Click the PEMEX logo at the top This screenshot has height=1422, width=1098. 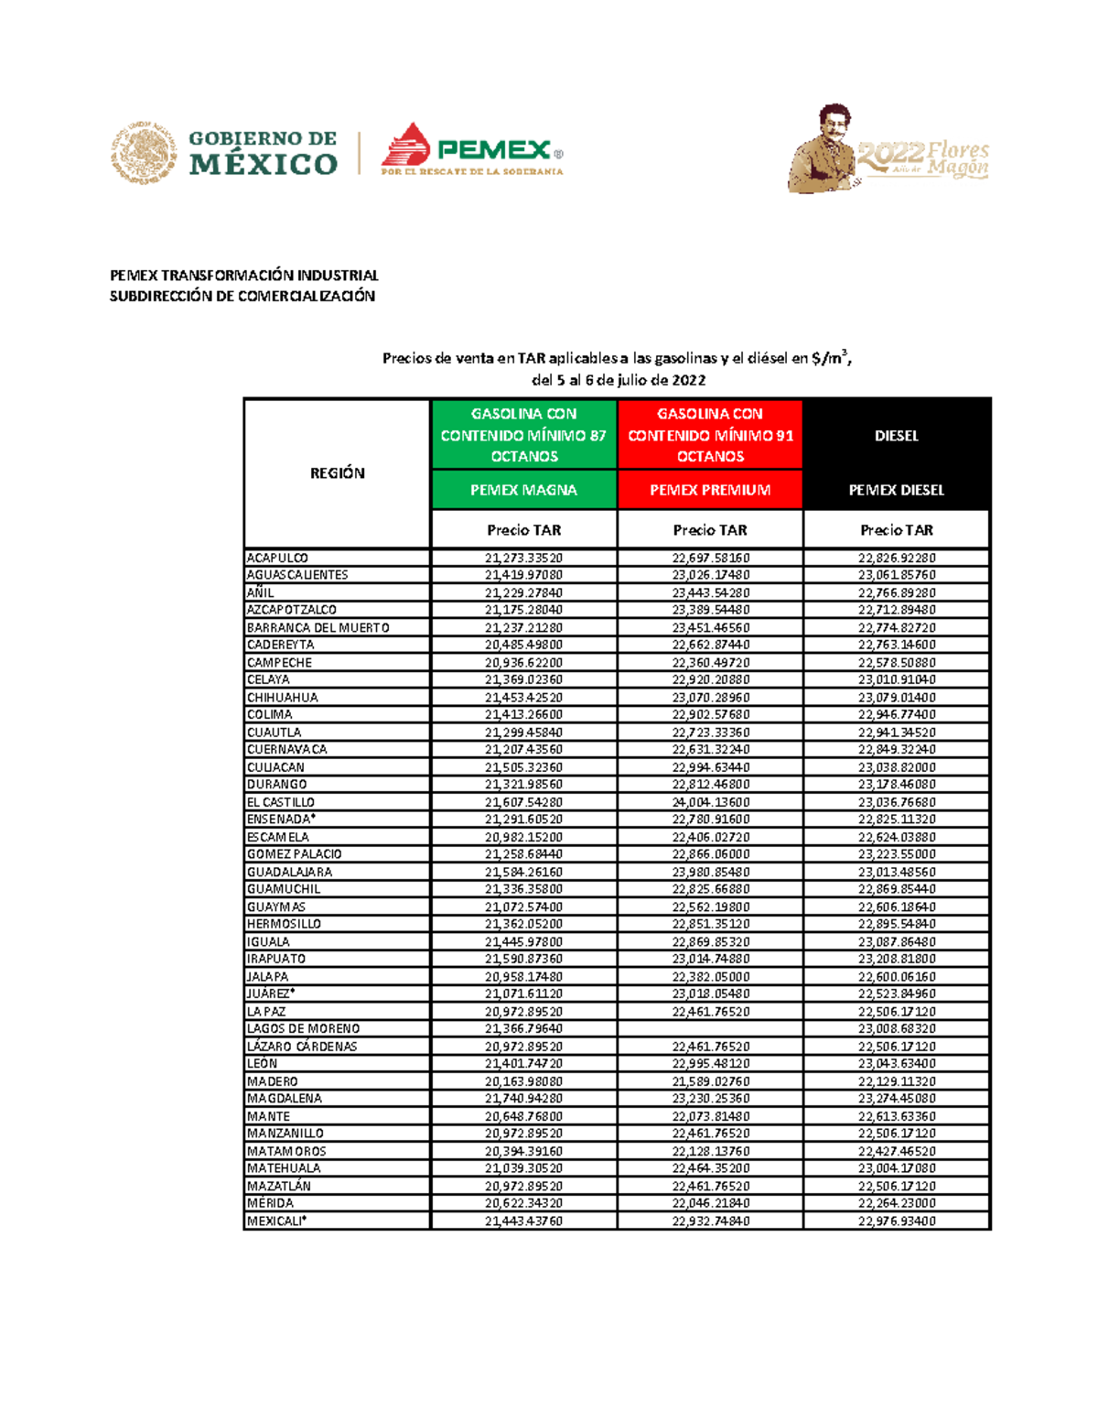(471, 148)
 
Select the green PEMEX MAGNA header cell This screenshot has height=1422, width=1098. (523, 490)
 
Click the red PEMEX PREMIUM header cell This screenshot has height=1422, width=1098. (710, 490)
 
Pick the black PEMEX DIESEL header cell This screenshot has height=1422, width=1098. (897, 490)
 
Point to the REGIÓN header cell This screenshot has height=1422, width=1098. (337, 473)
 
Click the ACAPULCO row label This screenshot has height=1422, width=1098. (277, 558)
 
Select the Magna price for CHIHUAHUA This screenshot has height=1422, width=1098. (523, 698)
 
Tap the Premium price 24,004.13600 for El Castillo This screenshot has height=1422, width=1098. (710, 802)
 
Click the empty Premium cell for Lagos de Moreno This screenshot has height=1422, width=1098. (710, 1029)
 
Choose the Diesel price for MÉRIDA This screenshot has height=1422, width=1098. (897, 1203)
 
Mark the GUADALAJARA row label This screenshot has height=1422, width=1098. (289, 872)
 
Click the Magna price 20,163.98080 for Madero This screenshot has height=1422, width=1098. (523, 1081)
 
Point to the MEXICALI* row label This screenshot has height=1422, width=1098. (276, 1221)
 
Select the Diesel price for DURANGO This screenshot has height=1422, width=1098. (897, 785)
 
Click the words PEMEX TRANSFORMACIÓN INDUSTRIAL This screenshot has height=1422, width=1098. (243, 276)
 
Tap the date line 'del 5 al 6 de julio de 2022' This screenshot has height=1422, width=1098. (618, 380)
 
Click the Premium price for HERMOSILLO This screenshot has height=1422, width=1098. (710, 924)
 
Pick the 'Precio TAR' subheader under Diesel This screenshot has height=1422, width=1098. (897, 530)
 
